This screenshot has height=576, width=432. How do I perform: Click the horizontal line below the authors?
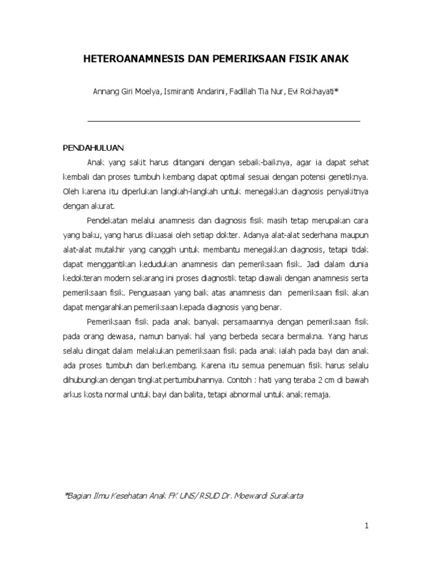point(224,121)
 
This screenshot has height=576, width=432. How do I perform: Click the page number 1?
point(366,526)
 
